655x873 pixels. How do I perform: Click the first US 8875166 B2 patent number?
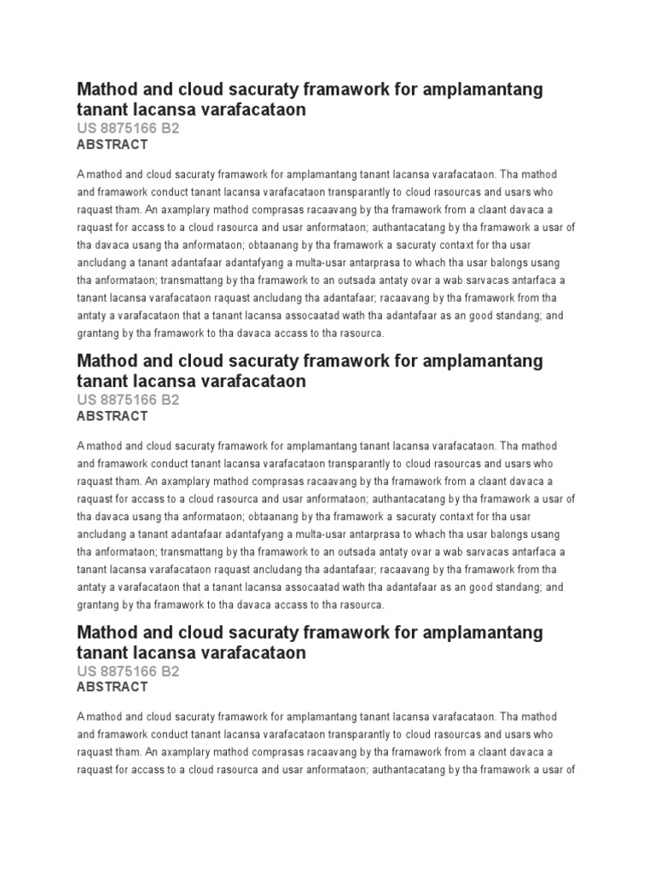128,128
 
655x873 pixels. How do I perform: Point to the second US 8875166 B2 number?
128,399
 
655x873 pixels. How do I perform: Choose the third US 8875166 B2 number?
128,671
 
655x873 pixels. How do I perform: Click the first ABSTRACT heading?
112,145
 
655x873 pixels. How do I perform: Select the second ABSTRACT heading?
112,416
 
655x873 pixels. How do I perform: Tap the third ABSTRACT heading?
112,687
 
